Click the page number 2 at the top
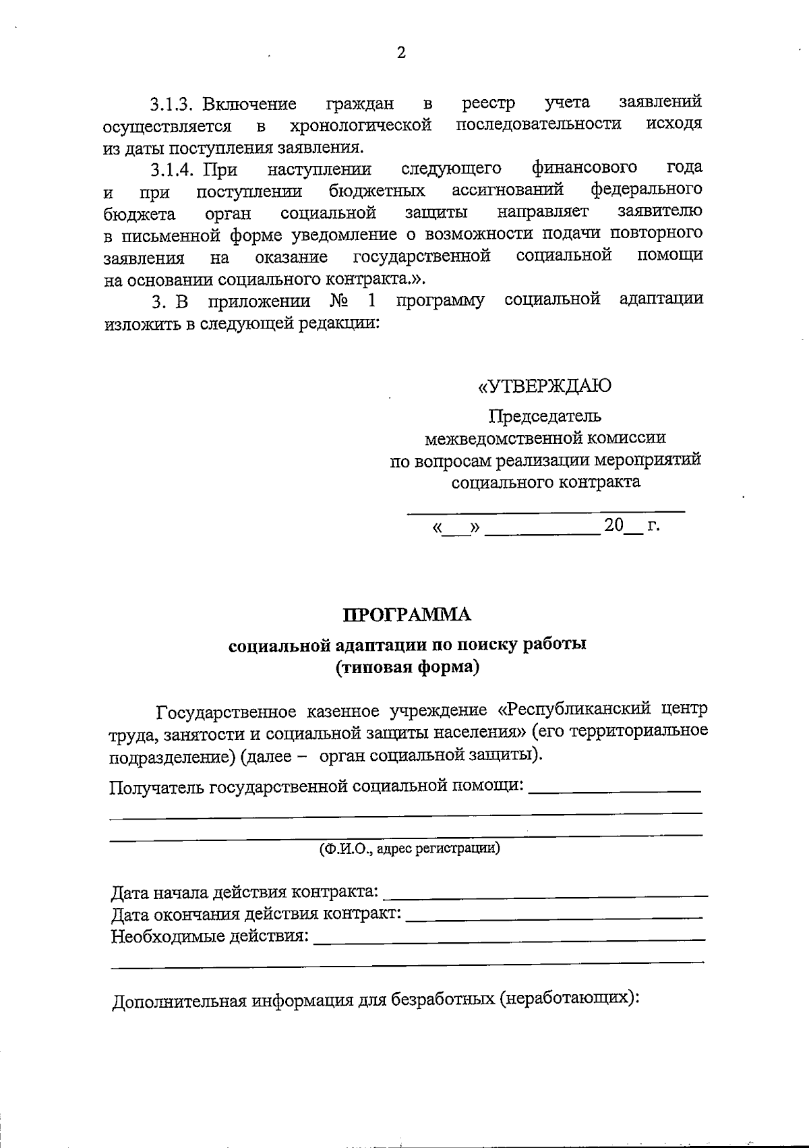(401, 53)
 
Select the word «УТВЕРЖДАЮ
(545, 386)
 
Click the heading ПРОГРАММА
(407, 615)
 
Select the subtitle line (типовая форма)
(407, 667)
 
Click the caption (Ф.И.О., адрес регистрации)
(409, 848)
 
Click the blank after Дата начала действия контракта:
(545, 894)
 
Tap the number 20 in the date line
(613, 525)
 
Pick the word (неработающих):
(569, 999)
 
